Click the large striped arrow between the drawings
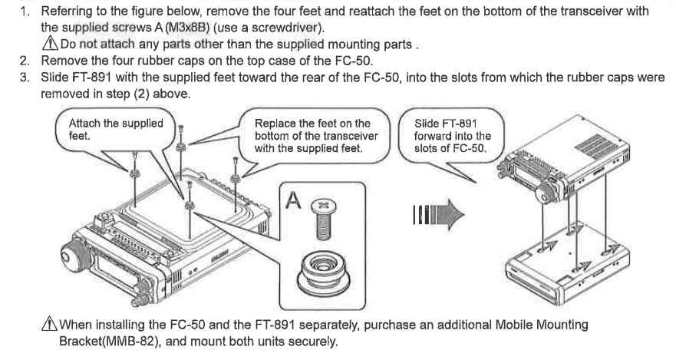click(438, 214)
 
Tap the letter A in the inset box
click(293, 200)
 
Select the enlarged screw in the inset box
click(323, 220)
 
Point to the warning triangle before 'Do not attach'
click(50, 43)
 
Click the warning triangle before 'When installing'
click(49, 323)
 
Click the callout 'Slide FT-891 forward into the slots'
click(451, 136)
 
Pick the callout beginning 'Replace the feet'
click(315, 136)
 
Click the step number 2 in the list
click(25, 61)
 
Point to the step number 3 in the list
click(25, 78)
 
